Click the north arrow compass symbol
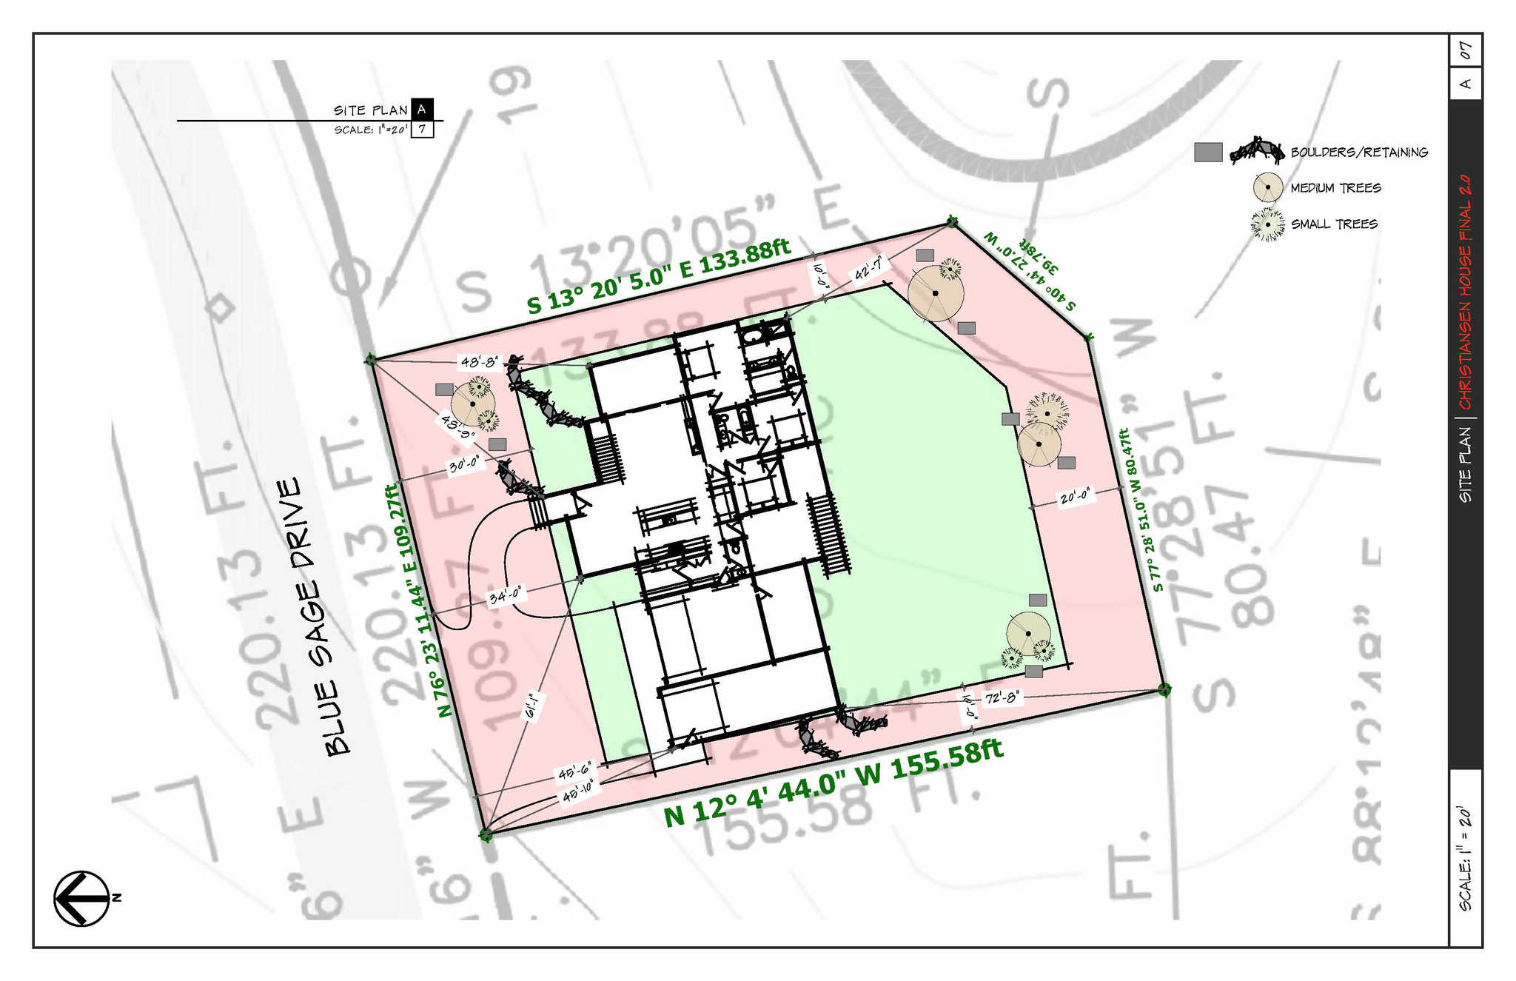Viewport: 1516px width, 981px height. tap(81, 898)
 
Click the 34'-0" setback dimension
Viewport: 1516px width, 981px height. tap(507, 595)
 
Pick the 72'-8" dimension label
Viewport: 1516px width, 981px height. tap(1002, 697)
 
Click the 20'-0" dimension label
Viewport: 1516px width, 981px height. tap(1076, 498)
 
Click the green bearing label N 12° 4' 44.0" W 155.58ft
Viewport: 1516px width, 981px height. tap(834, 783)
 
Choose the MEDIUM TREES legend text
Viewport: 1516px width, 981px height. tap(1335, 188)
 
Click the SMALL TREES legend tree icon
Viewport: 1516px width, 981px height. tap(1267, 224)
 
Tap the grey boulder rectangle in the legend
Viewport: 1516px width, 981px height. tap(1208, 153)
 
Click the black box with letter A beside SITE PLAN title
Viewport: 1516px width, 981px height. tap(421, 110)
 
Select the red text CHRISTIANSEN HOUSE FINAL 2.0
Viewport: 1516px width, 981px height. tap(1465, 292)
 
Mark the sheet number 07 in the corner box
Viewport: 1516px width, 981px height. tap(1465, 51)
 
